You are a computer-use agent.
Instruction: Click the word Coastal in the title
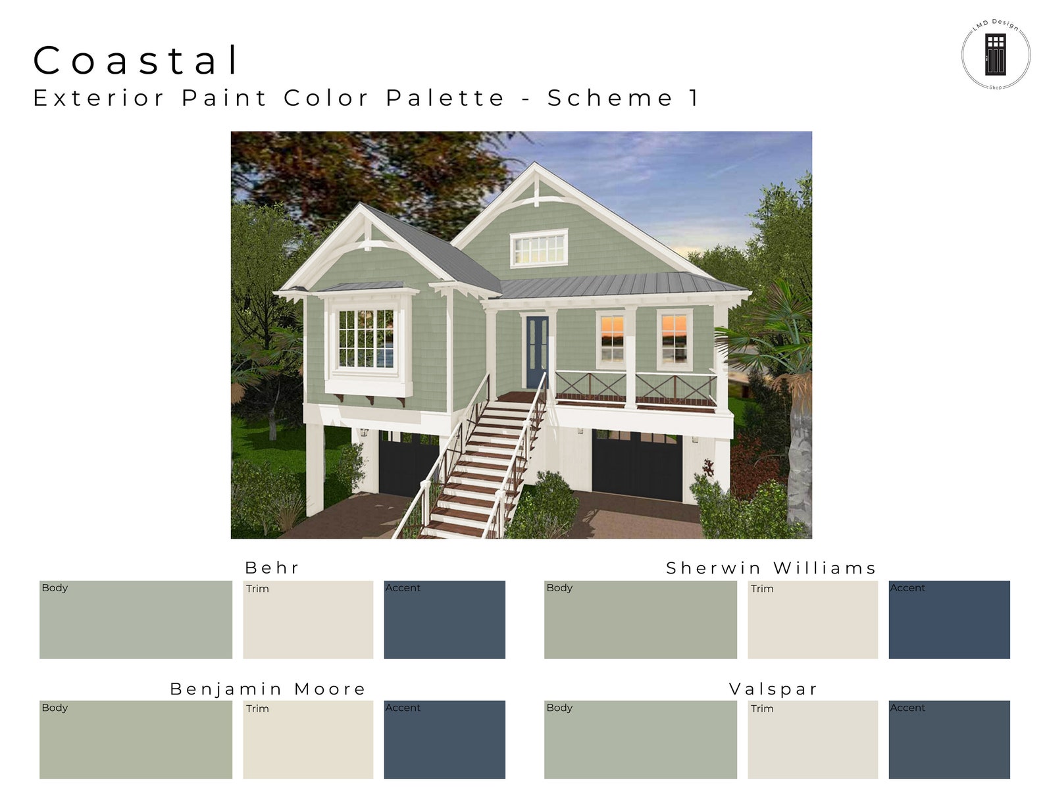(136, 61)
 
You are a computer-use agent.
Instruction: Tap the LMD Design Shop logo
(995, 55)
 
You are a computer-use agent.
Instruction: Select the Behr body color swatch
(136, 620)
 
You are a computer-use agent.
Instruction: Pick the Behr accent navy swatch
(444, 620)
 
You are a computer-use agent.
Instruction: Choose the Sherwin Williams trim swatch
(812, 620)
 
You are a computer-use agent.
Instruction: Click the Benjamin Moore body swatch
(136, 739)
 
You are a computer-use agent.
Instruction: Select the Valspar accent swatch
(949, 739)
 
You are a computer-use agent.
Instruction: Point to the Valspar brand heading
(773, 689)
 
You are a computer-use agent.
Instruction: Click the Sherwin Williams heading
(771, 568)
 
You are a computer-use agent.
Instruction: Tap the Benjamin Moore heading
(268, 689)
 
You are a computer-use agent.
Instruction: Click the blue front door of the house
(536, 351)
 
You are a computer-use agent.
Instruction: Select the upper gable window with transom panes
(539, 248)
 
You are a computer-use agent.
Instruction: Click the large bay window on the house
(367, 339)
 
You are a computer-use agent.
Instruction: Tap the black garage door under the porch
(637, 466)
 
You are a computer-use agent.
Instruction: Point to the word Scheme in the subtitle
(610, 98)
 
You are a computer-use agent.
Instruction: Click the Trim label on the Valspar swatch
(762, 708)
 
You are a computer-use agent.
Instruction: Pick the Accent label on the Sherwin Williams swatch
(907, 588)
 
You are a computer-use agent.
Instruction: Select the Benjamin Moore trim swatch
(307, 739)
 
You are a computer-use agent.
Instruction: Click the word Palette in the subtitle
(445, 98)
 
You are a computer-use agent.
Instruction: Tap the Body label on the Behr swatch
(55, 588)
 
